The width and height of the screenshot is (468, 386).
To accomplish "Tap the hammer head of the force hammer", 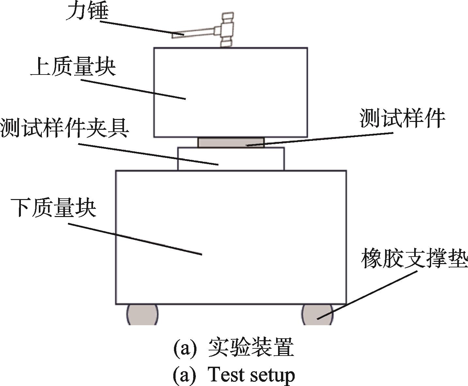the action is (x=227, y=29).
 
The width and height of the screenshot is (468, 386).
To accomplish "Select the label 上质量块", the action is (x=73, y=67).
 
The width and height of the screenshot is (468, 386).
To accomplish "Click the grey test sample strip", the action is (x=231, y=143).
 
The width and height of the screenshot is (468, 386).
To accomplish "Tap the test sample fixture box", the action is (x=231, y=159).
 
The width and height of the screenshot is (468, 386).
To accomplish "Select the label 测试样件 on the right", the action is (x=402, y=118).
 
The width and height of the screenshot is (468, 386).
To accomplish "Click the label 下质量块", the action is (x=54, y=208).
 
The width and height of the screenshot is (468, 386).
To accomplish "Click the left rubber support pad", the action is (x=142, y=315).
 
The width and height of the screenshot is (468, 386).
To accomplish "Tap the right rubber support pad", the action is (x=317, y=315).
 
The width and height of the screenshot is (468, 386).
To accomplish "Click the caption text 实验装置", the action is (x=251, y=347).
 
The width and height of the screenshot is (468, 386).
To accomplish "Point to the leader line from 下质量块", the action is (x=135, y=239).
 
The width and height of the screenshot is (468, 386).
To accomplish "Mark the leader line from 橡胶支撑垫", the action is (x=367, y=295).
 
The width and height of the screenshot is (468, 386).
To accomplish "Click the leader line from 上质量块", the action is (x=133, y=89).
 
